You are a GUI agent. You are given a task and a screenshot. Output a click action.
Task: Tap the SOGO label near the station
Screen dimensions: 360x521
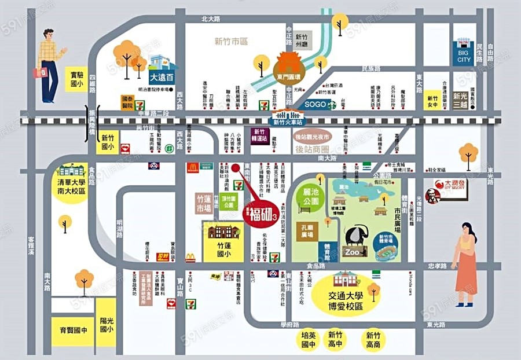click(x=315, y=104)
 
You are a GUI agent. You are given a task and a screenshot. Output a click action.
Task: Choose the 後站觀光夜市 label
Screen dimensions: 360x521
click(x=311, y=137)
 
